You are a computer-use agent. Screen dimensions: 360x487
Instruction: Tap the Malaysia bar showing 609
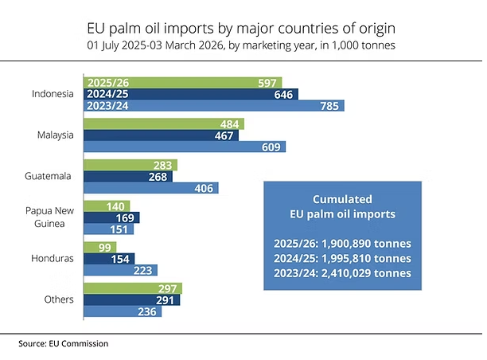click(185, 147)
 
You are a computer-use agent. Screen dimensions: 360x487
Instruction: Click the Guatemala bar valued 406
click(151, 188)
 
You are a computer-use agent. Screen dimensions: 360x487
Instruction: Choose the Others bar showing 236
click(123, 311)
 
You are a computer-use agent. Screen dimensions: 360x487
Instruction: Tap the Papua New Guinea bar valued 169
click(111, 217)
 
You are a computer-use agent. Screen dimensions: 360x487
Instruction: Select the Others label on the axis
click(61, 300)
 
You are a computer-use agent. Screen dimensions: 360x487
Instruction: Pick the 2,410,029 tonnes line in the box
click(342, 273)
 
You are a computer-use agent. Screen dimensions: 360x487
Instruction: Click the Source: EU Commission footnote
click(64, 343)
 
